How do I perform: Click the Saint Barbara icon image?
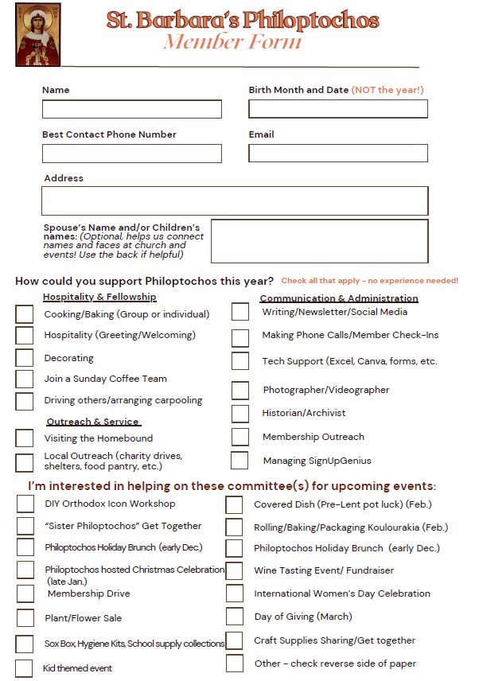[x=37, y=34]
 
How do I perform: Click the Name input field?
[x=132, y=109]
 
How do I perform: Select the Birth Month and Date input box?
[x=338, y=109]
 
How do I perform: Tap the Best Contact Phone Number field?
[x=132, y=154]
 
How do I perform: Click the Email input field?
[x=338, y=154]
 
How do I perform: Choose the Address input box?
[x=235, y=200]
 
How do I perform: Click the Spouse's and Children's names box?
[x=319, y=241]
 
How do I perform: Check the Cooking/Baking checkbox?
[x=25, y=314]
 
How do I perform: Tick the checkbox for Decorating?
[x=25, y=358]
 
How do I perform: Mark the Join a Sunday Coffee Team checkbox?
[x=25, y=379]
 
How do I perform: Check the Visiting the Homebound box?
[x=25, y=438]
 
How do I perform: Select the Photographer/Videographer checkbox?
[x=240, y=391]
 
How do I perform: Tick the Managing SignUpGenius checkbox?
[x=240, y=461]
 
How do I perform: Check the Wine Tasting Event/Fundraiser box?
[x=235, y=570]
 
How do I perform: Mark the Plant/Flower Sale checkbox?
[x=25, y=618]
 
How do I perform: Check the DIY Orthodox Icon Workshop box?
[x=25, y=504]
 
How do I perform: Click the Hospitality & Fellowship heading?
[x=99, y=297]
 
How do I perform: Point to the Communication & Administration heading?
[x=339, y=298]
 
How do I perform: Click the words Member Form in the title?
[x=233, y=42]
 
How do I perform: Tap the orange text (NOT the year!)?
[x=387, y=90]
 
